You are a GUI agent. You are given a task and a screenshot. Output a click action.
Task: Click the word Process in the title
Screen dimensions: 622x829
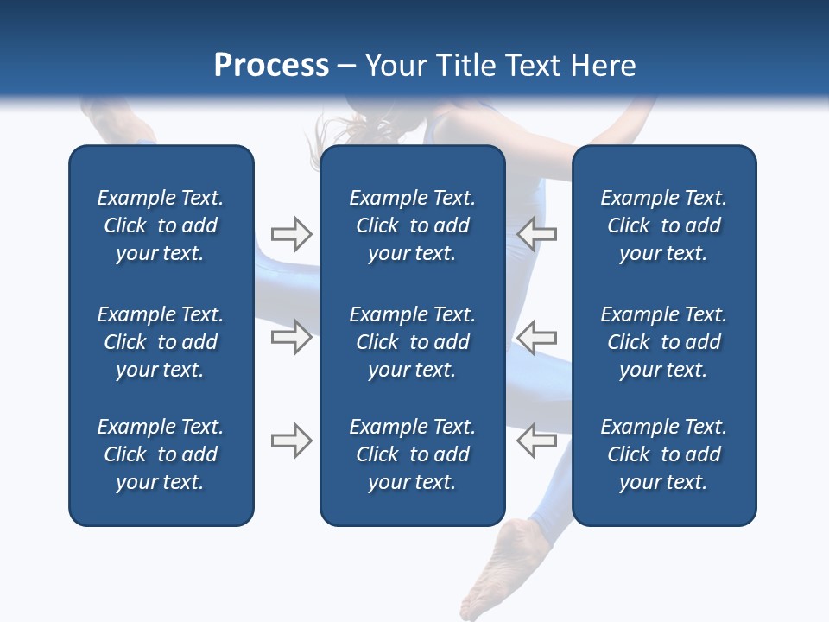tap(271, 66)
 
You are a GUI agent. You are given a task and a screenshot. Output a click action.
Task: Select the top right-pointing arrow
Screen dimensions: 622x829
tap(291, 233)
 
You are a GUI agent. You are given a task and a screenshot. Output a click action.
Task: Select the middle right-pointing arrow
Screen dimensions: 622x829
tap(291, 337)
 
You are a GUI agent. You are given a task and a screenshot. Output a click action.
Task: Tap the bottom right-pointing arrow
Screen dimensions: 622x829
tap(291, 441)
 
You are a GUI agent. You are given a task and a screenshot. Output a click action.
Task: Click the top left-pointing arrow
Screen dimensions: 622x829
tap(536, 233)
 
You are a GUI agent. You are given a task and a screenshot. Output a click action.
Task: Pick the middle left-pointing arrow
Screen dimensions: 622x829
tap(536, 337)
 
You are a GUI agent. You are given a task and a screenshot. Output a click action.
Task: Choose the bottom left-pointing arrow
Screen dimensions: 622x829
tap(536, 441)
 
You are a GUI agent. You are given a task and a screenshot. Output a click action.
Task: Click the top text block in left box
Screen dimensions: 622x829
tap(161, 225)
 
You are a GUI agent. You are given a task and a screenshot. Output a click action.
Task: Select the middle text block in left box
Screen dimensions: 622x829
tap(161, 342)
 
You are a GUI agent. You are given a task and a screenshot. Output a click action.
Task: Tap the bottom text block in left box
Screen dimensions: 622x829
tap(161, 454)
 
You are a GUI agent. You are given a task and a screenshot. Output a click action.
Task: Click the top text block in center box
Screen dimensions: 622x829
tap(412, 225)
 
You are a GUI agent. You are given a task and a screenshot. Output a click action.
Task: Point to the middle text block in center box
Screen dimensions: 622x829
tap(412, 342)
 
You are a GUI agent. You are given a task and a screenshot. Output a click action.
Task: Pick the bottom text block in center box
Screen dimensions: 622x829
tap(412, 454)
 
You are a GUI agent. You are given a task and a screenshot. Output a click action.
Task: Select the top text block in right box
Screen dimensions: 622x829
tap(663, 225)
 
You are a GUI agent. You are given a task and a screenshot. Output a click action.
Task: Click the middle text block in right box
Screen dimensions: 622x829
tap(663, 342)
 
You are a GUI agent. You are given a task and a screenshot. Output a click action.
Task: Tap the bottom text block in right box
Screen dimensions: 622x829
tap(663, 454)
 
